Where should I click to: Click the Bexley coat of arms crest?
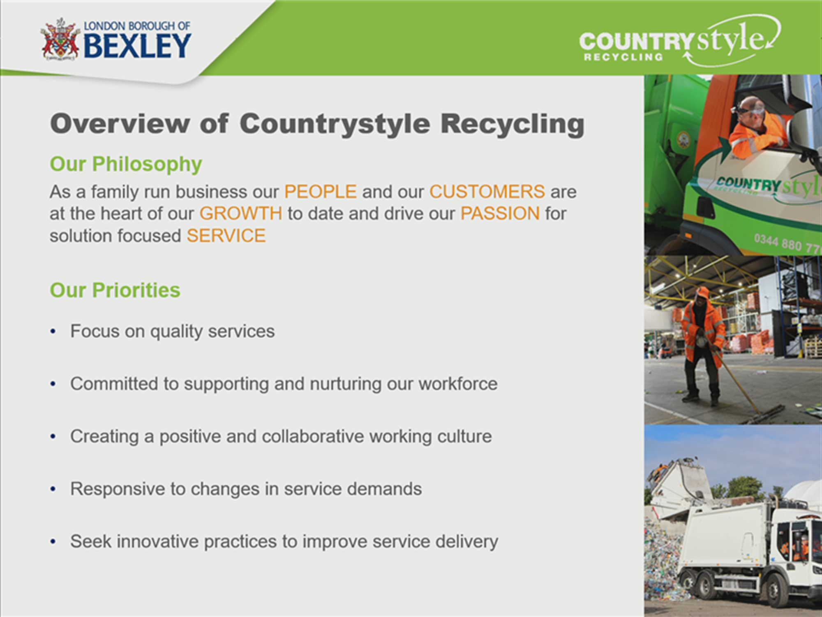[x=60, y=39]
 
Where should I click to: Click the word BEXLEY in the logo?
[x=138, y=46]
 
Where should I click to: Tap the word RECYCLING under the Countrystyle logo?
[x=623, y=57]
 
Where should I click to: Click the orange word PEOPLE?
[x=321, y=192]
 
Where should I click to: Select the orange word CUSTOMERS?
[x=487, y=192]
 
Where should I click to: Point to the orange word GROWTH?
[x=241, y=213]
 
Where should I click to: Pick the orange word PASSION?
[x=500, y=213]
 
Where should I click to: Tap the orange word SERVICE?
[x=226, y=236]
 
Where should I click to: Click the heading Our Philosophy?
[x=126, y=165]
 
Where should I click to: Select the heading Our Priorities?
[x=115, y=290]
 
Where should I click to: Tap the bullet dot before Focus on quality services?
[x=53, y=332]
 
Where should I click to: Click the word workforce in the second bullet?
[x=458, y=384]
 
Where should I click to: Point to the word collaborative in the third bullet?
[x=313, y=436]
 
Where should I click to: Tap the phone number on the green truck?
[x=787, y=244]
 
